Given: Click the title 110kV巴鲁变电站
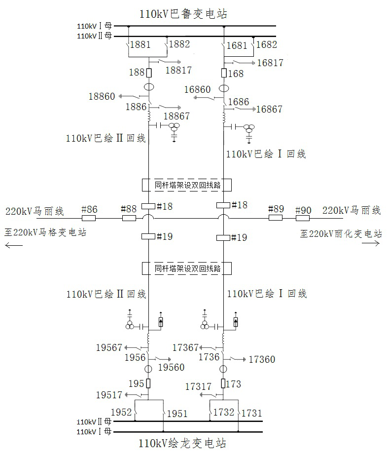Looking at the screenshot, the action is pyautogui.click(x=183, y=14).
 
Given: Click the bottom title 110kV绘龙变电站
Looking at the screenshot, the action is pyautogui.click(x=182, y=443).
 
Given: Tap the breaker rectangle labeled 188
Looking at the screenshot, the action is pyautogui.click(x=149, y=73).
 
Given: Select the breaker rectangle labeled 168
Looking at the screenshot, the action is pyautogui.click(x=224, y=73).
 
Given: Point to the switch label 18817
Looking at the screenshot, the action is pyautogui.click(x=178, y=70).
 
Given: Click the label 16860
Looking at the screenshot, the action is pyautogui.click(x=197, y=89).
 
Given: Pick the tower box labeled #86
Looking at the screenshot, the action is pyautogui.click(x=89, y=218).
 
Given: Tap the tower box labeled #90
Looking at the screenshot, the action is pyautogui.click(x=303, y=218).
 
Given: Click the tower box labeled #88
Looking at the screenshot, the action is pyautogui.click(x=129, y=218).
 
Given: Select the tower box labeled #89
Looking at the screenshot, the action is pyautogui.click(x=276, y=218).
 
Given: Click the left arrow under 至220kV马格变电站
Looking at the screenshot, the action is pyautogui.click(x=14, y=245).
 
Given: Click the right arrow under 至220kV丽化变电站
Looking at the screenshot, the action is pyautogui.click(x=371, y=244).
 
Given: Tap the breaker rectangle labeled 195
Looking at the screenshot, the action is pyautogui.click(x=148, y=383).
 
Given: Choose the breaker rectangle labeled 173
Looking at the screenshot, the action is pyautogui.click(x=223, y=383).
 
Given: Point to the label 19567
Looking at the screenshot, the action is pyautogui.click(x=109, y=347).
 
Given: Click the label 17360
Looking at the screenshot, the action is pyautogui.click(x=262, y=359).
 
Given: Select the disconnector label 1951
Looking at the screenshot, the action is pyautogui.click(x=177, y=413).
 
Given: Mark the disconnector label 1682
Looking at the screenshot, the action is pyautogui.click(x=266, y=44).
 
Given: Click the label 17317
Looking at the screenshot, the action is pyautogui.click(x=198, y=386).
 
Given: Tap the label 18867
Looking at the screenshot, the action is pyautogui.click(x=176, y=116).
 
